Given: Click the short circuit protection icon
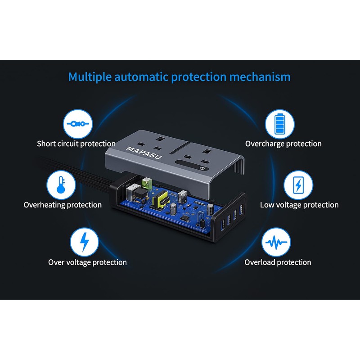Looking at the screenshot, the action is [77, 124].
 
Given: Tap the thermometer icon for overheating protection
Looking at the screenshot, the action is [61, 184].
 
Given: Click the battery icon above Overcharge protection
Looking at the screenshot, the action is [279, 124].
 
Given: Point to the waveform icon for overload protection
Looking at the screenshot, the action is [276, 243].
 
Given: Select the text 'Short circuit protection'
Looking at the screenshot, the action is [76, 144].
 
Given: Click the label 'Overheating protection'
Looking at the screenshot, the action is [63, 205].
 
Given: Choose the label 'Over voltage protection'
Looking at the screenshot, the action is [87, 262].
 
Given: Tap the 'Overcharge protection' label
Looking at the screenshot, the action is [283, 144].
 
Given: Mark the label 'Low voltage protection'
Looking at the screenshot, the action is [299, 205].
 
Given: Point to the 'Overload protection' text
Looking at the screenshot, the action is [278, 262].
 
